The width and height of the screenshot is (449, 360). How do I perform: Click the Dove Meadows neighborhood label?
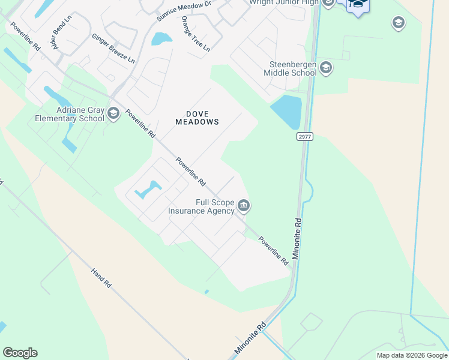(197, 117)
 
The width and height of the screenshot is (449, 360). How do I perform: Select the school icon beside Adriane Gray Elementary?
(112, 112)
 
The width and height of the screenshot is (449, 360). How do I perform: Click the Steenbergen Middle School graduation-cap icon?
(326, 67)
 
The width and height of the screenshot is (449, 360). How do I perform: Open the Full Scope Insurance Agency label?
(201, 207)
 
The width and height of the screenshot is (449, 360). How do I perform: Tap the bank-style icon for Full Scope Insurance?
(244, 206)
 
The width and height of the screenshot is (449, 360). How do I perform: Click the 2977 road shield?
(305, 137)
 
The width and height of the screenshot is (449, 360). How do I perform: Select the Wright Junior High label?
(285, 2)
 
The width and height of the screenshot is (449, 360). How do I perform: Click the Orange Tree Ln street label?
(196, 33)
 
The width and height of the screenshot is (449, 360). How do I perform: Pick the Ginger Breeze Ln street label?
(113, 48)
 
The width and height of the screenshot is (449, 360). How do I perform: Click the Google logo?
(20, 353)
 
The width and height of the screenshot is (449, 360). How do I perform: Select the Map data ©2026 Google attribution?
(411, 355)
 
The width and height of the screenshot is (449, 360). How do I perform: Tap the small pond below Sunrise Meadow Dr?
(161, 40)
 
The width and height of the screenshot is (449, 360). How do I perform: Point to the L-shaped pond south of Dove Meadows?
(148, 190)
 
